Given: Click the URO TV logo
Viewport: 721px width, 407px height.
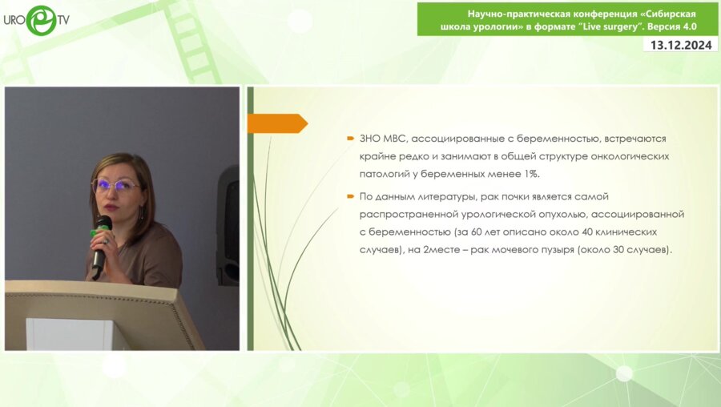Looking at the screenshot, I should tap(35, 19).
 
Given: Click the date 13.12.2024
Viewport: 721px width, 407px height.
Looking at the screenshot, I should tap(681, 45).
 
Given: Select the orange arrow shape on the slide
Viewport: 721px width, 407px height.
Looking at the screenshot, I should tap(276, 123).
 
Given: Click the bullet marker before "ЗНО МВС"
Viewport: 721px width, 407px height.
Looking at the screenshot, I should tap(350, 139).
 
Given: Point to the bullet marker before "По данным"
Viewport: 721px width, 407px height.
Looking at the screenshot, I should tap(350, 196).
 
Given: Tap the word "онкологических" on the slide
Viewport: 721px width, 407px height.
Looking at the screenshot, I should tap(625, 155).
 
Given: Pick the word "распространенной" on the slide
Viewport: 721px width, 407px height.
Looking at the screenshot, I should tap(409, 214).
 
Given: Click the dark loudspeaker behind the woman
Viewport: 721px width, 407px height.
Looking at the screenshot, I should tap(228, 224).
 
